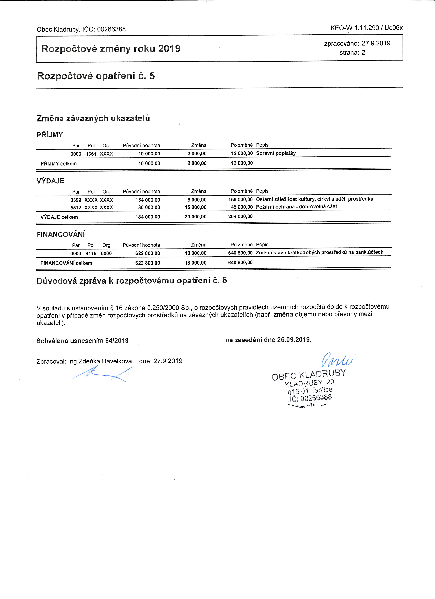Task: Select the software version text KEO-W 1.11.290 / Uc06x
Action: [x=366, y=28]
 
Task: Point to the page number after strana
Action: [x=364, y=53]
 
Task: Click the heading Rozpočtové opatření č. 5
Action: [x=96, y=76]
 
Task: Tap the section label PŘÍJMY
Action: [x=50, y=135]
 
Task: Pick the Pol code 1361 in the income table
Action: [x=91, y=154]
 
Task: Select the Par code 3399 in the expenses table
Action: [x=76, y=200]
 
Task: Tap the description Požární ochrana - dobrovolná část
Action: [x=296, y=206]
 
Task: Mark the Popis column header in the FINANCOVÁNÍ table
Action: [x=262, y=245]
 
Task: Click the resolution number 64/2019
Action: [x=117, y=341]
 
